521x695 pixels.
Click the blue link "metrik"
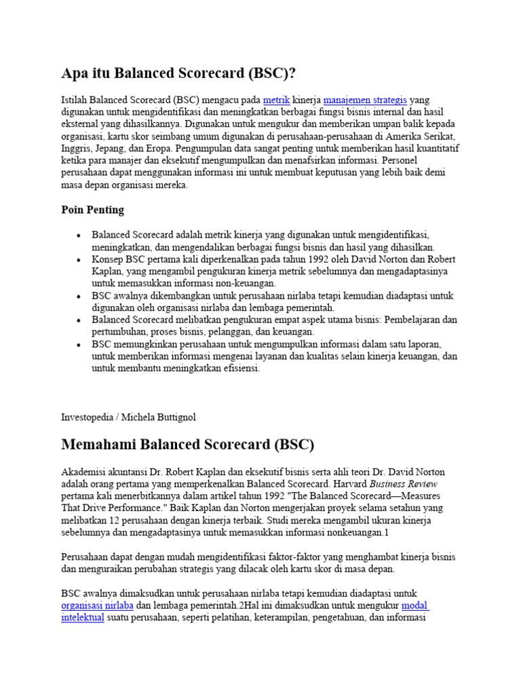(276, 100)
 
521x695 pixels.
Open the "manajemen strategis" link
(365, 100)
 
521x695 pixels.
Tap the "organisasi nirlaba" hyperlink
(97, 605)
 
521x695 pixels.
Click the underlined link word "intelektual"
(83, 618)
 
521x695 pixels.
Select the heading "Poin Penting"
(93, 210)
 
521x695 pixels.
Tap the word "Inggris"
(77, 149)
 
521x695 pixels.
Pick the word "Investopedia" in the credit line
(88, 417)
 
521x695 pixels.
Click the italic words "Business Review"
(404, 484)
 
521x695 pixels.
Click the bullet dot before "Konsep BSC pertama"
(79, 260)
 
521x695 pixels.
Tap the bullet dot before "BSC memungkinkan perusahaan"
(79, 345)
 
